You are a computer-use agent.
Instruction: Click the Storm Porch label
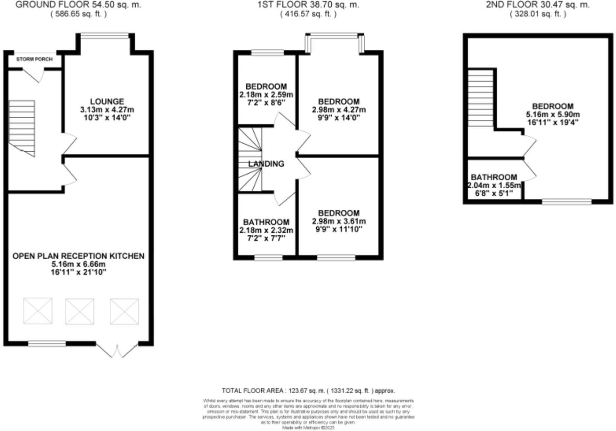tap(34, 59)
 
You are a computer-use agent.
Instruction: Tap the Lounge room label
tap(107, 102)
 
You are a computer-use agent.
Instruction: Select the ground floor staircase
tap(22, 128)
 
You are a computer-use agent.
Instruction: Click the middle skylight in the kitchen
tap(79, 311)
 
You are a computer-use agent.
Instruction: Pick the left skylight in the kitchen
tap(38, 311)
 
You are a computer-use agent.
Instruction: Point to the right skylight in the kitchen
tap(124, 311)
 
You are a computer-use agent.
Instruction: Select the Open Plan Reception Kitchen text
tap(78, 256)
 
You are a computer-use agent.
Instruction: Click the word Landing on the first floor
tap(266, 164)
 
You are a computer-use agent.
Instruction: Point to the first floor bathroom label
tap(266, 222)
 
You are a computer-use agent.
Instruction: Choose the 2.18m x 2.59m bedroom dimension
tap(266, 95)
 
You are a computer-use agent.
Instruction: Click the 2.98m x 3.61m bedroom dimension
tap(339, 221)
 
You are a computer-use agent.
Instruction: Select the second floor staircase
tap(481, 98)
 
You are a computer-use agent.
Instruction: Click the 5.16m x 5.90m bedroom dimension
tap(553, 114)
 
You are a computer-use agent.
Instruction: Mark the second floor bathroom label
tap(494, 177)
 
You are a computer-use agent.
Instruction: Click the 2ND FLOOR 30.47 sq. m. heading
tap(537, 5)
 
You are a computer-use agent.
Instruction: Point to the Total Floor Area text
tap(308, 390)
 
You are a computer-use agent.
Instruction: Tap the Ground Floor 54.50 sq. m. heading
tap(78, 5)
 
